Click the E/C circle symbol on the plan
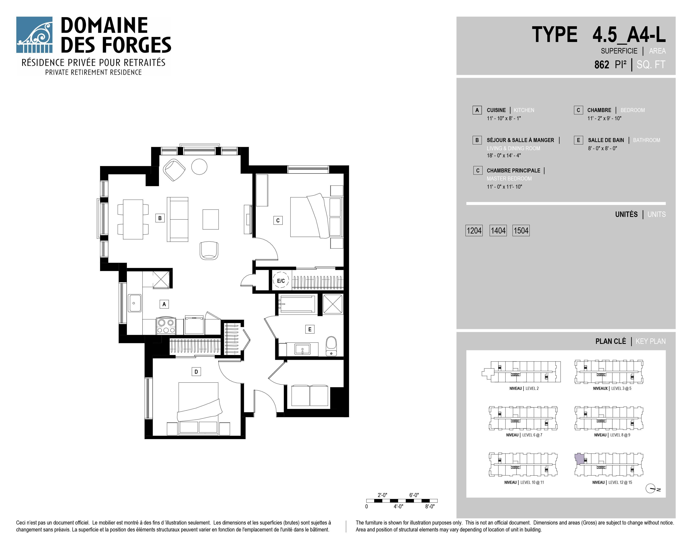pos(281,280)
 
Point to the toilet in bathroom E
pos(331,346)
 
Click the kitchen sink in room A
pos(135,303)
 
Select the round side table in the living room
pos(199,166)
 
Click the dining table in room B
pos(133,219)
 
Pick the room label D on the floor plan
pos(196,371)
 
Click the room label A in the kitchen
pos(164,304)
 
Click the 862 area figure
pos(602,65)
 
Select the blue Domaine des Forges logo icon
pos(34,35)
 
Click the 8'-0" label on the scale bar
pos(430,506)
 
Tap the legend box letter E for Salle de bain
pos(578,140)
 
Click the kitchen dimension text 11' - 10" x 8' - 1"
pos(504,118)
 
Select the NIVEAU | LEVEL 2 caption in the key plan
pos(524,388)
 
